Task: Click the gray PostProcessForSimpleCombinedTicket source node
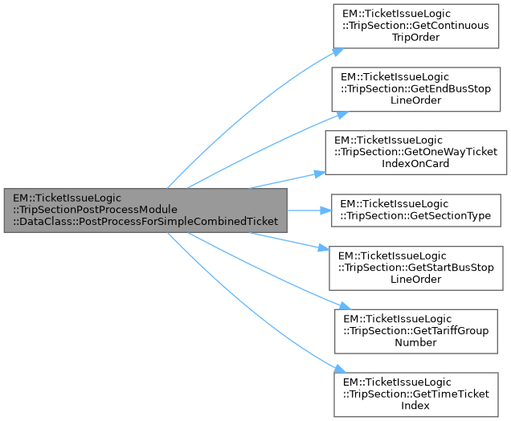point(145,210)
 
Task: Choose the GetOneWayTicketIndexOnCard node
point(415,152)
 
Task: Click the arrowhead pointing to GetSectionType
point(326,210)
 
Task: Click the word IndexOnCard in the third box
point(415,163)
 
